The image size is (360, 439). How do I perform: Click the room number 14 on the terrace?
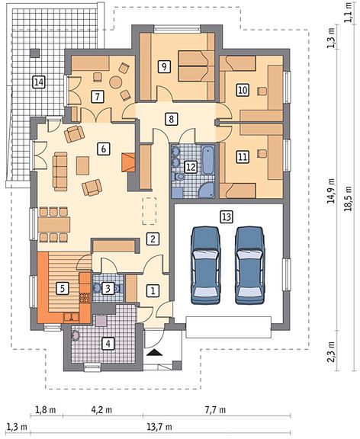coord(39,82)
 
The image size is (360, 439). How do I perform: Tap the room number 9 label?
coord(164,66)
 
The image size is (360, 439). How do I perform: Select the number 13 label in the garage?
coord(227,217)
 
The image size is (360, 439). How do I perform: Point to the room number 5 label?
coord(63,288)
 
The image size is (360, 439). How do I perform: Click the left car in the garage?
coord(205,265)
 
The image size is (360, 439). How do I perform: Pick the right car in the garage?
coord(249,265)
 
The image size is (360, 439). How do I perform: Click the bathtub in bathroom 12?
coord(208,160)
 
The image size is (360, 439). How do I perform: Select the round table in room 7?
coord(115,82)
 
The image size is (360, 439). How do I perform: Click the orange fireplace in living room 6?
coord(129,162)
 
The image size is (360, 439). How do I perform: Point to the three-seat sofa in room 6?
coord(60,171)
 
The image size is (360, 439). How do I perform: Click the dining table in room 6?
coord(54,225)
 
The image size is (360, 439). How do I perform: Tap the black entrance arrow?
coord(154,352)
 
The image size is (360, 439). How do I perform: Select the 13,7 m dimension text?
coord(159,428)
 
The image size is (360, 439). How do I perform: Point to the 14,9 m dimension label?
coord(332,191)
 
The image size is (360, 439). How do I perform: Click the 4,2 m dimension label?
coord(101,411)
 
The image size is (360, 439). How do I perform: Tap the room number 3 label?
coord(108,288)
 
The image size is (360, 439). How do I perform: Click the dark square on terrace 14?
coord(35,53)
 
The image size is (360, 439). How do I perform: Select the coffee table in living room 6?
coord(82,165)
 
